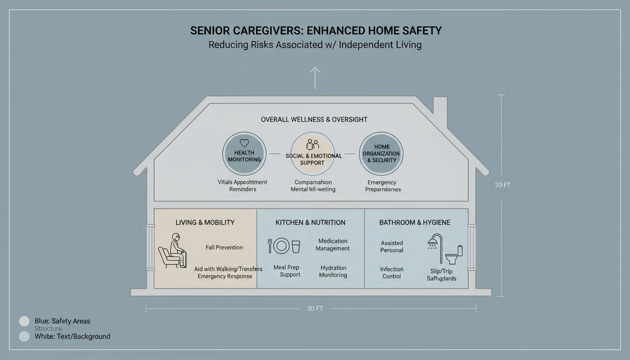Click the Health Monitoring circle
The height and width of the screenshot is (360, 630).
tap(244, 154)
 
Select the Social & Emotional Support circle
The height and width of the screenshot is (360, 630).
tap(313, 154)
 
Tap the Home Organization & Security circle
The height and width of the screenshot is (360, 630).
tap(381, 154)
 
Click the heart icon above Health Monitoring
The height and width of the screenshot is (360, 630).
tap(244, 143)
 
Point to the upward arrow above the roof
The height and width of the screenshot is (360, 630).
tap(315, 77)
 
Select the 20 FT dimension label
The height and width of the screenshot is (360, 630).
tap(502, 185)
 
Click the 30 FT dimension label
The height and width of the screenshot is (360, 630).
tap(315, 308)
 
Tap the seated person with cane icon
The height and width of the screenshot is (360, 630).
tap(172, 252)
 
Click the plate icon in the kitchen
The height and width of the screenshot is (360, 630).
tap(281, 246)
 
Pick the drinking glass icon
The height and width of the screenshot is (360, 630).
tap(296, 246)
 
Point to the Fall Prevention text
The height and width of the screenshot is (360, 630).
tap(224, 247)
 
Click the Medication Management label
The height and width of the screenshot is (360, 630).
tap(333, 245)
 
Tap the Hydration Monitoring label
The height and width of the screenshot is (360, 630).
tap(333, 271)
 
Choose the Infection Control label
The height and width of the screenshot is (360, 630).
tap(391, 273)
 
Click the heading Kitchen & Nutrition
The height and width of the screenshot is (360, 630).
tap(310, 223)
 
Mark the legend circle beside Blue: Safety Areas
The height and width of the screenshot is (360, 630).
tap(24, 321)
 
